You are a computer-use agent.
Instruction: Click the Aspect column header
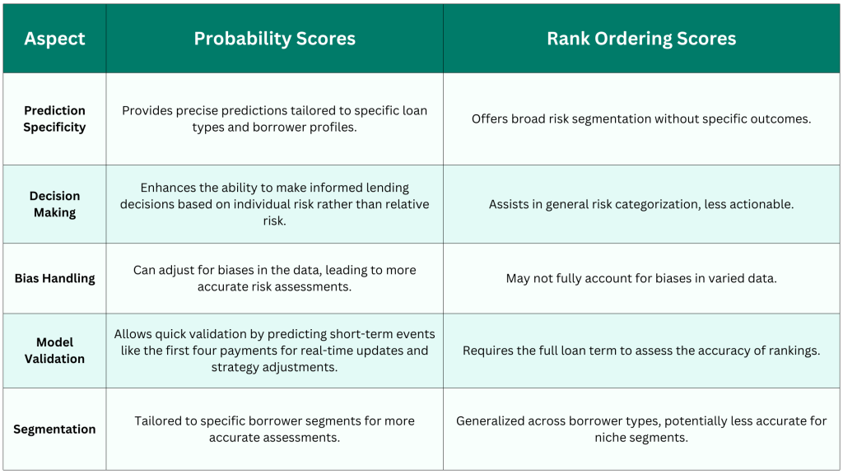tap(54, 39)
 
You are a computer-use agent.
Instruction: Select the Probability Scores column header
tap(275, 39)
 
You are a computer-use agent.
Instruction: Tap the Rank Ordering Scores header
tap(641, 39)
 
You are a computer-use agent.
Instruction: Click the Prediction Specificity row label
tap(54, 118)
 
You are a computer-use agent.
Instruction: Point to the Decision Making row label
tap(54, 204)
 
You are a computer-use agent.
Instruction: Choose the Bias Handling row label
tap(54, 278)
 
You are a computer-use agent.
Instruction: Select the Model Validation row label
tap(54, 351)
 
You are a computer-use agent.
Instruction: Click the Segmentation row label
tap(54, 430)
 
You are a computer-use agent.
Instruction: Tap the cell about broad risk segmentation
tap(641, 118)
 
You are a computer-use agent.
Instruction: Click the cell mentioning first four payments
tap(275, 351)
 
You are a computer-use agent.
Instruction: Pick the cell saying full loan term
tap(641, 351)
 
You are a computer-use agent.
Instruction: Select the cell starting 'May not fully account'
tap(641, 278)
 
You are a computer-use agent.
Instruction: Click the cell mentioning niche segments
tap(641, 430)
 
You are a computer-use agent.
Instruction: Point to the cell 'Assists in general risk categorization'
tap(641, 204)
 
